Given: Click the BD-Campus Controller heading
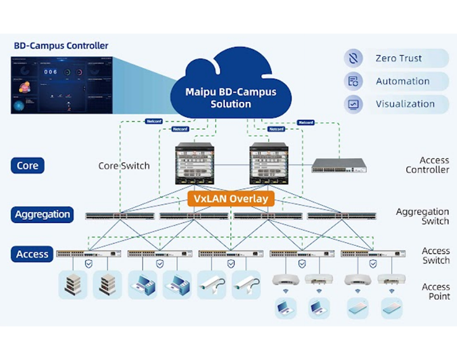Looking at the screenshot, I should click(61, 46).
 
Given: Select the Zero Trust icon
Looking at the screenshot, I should click(353, 58).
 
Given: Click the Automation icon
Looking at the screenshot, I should click(353, 81).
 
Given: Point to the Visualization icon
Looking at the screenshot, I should click(353, 104).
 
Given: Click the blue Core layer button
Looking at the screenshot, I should click(28, 166).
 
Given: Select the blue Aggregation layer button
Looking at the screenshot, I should click(42, 214).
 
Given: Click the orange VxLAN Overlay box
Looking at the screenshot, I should click(231, 199).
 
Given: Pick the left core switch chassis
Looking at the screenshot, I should click(194, 164).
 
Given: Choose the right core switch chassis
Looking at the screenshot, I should click(269, 164).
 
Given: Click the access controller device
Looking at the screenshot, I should click(338, 165).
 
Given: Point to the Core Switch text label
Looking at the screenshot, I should click(124, 166).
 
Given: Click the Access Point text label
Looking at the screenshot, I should click(435, 292).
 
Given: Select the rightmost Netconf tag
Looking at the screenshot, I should click(306, 122).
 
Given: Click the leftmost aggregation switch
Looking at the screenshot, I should click(120, 216).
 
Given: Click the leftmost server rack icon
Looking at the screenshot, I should click(72, 285).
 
